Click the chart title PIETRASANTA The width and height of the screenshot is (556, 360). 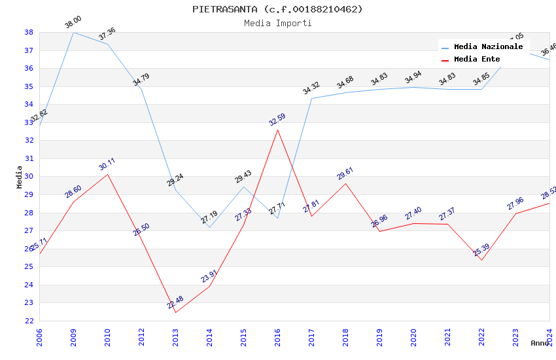[277, 9]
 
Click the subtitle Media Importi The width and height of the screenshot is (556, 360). [277, 23]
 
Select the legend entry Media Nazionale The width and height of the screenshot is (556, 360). [488, 47]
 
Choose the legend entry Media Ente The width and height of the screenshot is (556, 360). [477, 59]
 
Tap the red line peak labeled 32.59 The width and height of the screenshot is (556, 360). [277, 130]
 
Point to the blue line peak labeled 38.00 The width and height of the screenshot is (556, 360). [73, 32]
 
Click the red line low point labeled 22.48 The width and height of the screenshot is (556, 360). [175, 312]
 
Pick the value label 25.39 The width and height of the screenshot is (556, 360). [481, 249]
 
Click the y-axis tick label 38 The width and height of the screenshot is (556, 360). [29, 32]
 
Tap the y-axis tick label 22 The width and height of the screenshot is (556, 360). [29, 321]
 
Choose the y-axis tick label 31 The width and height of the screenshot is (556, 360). [29, 158]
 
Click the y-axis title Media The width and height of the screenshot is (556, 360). [20, 177]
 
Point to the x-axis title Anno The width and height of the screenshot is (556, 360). [540, 343]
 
